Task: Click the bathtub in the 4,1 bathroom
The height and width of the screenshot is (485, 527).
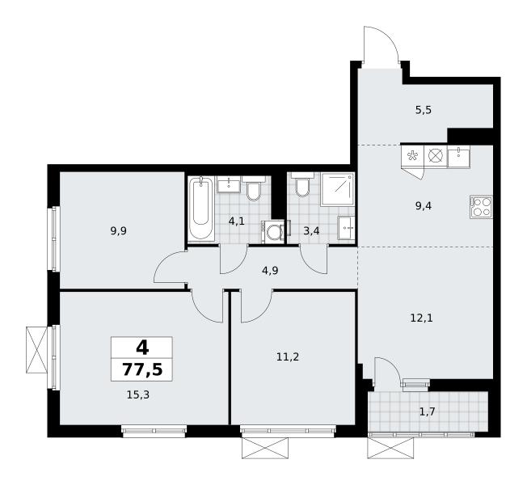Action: (201, 209)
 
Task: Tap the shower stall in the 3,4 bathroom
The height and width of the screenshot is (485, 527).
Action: (337, 189)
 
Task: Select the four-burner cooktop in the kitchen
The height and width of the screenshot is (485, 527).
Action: (481, 207)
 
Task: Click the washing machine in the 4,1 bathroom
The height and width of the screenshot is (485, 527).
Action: (272, 231)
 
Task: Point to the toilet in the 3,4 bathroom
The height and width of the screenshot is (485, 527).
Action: (302, 185)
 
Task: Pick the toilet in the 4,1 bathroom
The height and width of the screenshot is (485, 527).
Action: (253, 188)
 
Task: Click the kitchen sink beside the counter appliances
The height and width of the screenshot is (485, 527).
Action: (459, 156)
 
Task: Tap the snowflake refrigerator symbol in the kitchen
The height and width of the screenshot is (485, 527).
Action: (413, 156)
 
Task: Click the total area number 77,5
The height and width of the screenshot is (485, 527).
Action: (142, 369)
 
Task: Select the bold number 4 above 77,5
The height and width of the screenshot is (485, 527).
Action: (142, 348)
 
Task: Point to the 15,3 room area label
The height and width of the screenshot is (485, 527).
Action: (137, 395)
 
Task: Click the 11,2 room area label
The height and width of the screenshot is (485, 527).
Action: (288, 357)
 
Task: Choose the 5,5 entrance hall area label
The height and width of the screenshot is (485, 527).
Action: (424, 110)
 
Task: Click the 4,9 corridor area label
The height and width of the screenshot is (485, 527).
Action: (270, 271)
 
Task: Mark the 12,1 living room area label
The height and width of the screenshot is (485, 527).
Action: (421, 318)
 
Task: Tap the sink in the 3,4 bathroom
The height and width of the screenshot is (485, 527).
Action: (346, 228)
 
